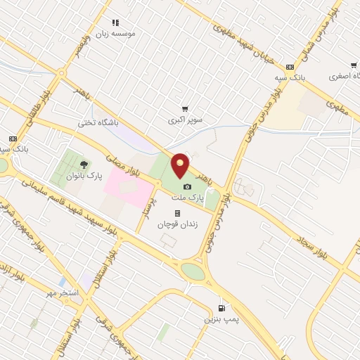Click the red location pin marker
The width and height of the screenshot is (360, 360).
181,165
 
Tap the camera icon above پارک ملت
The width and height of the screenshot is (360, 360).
187,186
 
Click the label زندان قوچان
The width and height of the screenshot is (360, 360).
174,224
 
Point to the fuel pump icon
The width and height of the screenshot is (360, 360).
223,308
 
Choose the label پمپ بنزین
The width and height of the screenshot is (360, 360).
219,320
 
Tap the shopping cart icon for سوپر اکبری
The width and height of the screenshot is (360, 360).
185,109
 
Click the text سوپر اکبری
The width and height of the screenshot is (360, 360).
184,120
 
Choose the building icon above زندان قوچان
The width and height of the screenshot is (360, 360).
177,213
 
